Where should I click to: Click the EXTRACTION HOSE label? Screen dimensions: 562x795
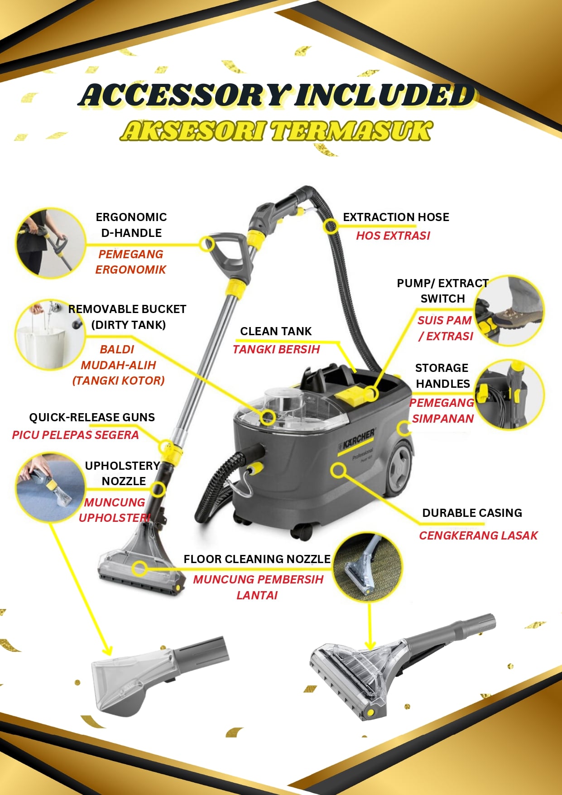pyautogui.click(x=396, y=217)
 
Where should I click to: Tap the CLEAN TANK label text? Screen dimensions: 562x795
pyautogui.click(x=276, y=331)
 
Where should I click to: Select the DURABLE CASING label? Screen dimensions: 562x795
pyautogui.click(x=472, y=513)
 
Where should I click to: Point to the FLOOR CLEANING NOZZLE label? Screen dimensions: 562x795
pyautogui.click(x=257, y=559)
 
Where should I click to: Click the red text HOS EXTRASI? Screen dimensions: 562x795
pyautogui.click(x=393, y=236)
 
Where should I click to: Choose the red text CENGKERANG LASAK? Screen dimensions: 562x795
pyautogui.click(x=478, y=535)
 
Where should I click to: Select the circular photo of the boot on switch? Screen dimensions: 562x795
pyautogui.click(x=509, y=310)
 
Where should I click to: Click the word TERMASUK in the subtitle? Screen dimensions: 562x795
pyautogui.click(x=351, y=131)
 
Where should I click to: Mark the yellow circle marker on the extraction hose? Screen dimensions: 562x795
pyautogui.click(x=331, y=226)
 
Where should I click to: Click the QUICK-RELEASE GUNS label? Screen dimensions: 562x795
pyautogui.click(x=92, y=417)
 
